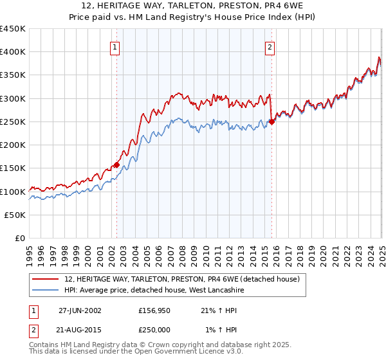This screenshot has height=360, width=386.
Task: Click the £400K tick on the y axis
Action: click(13, 52)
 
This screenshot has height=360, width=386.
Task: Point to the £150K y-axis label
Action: click(13, 168)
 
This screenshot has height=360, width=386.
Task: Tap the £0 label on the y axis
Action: click(20, 239)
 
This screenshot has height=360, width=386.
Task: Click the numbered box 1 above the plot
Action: click(115, 46)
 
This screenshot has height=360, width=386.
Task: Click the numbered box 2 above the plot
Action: click(270, 46)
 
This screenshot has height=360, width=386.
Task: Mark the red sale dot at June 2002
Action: click(116, 165)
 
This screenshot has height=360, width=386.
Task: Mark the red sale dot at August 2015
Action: click(271, 122)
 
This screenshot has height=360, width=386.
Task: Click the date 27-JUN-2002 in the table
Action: click(80, 310)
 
